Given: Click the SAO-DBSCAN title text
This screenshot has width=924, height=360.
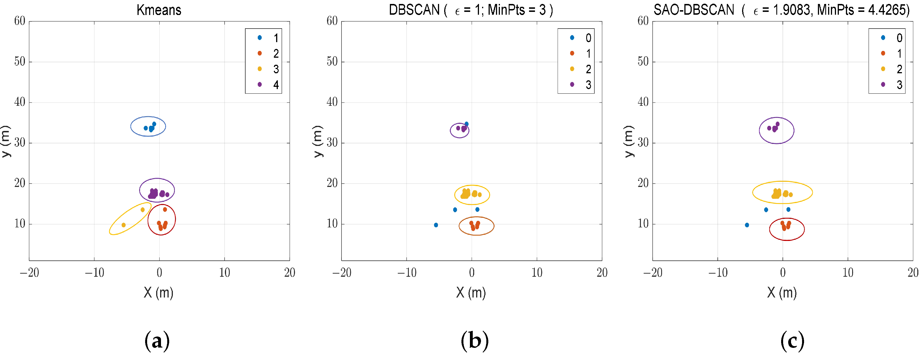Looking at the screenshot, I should pos(694,10).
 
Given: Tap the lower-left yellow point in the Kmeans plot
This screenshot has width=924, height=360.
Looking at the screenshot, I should pos(124,225).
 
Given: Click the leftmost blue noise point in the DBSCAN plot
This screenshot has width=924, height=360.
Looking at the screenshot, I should pos(436,225).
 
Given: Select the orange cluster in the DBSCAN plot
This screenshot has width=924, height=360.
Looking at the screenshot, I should pos(474,226).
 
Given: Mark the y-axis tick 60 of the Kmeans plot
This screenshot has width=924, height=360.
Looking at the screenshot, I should pos(20,21).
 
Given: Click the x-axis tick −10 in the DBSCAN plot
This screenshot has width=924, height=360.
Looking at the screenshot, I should pos(407,273).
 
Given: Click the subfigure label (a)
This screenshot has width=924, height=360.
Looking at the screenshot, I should pos(157,341).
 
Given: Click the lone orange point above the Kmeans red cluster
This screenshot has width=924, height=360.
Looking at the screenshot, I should pos(165,209).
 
